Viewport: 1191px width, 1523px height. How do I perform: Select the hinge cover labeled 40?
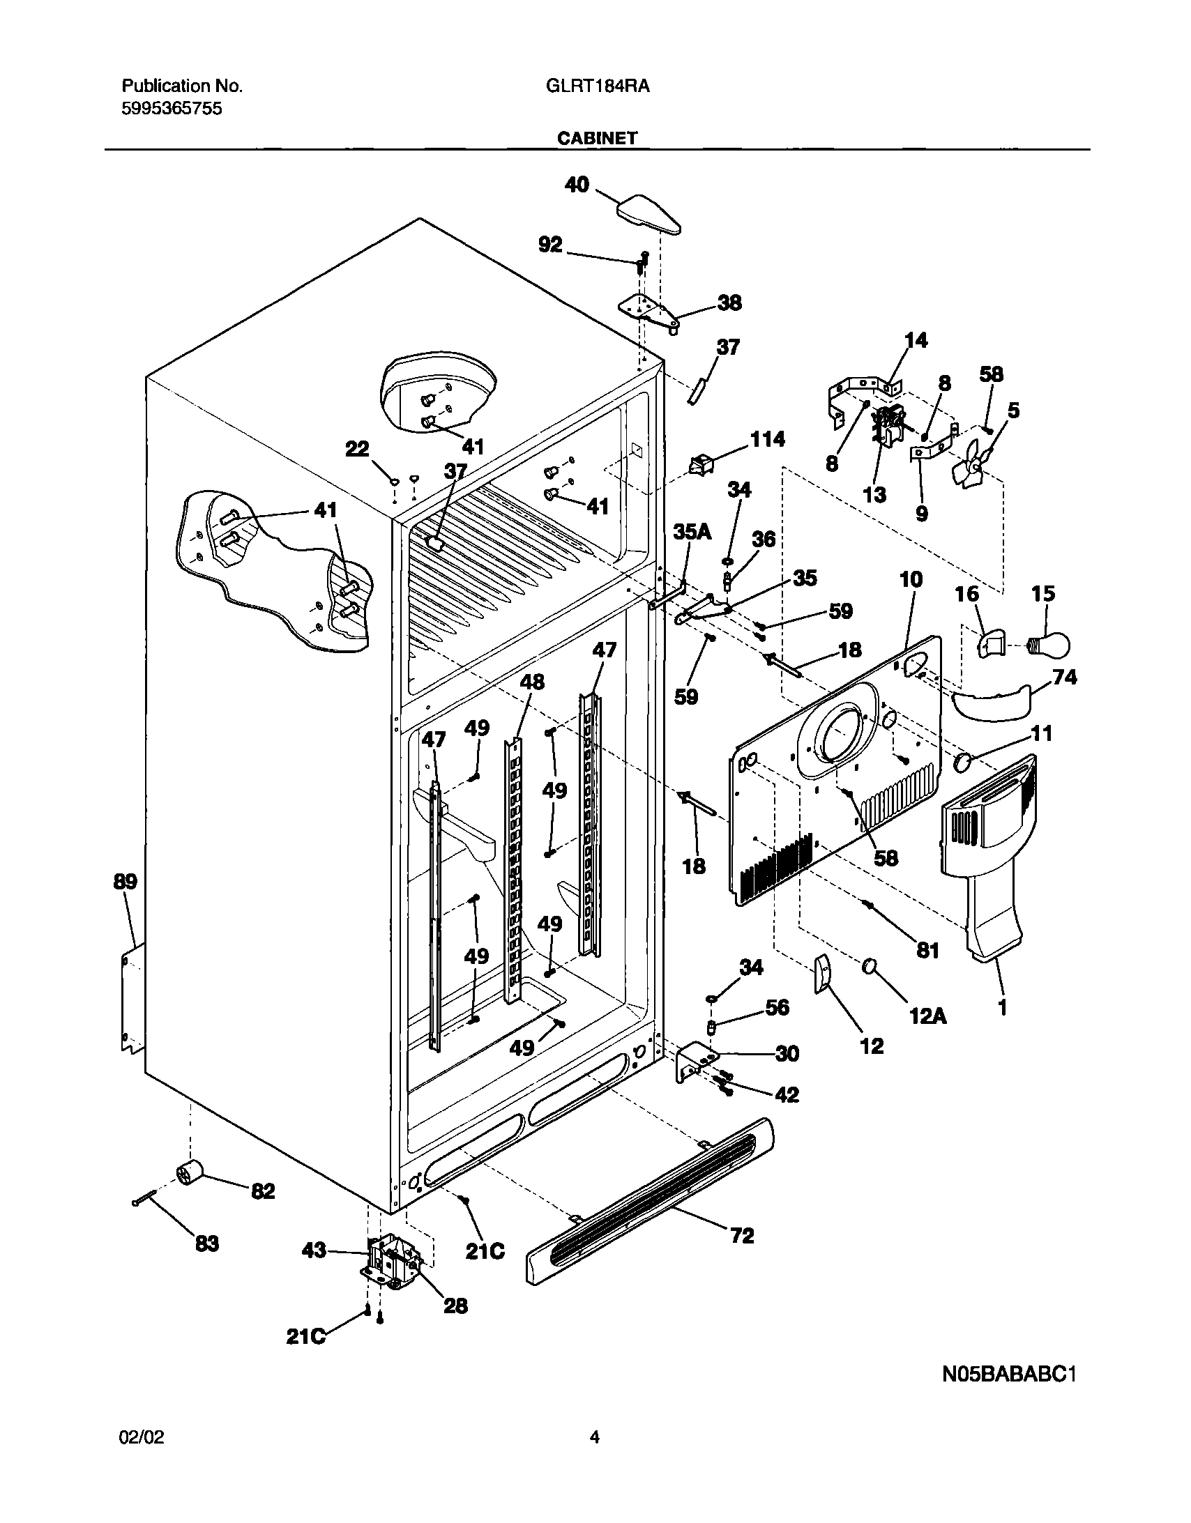(x=648, y=213)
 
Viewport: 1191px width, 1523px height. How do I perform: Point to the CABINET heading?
(x=597, y=138)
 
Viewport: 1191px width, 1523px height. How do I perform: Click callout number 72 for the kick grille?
(x=742, y=1237)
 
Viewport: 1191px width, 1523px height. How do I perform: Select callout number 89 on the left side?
(x=126, y=881)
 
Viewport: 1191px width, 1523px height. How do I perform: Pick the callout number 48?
(x=531, y=681)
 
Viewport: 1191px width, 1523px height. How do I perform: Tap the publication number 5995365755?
(x=172, y=108)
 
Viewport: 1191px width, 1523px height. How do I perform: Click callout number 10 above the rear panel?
(x=911, y=579)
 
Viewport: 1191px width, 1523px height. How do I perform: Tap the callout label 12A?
(x=927, y=1018)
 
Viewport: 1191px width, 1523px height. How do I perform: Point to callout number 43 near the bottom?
(x=314, y=1250)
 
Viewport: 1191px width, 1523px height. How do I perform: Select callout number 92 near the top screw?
(x=550, y=244)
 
